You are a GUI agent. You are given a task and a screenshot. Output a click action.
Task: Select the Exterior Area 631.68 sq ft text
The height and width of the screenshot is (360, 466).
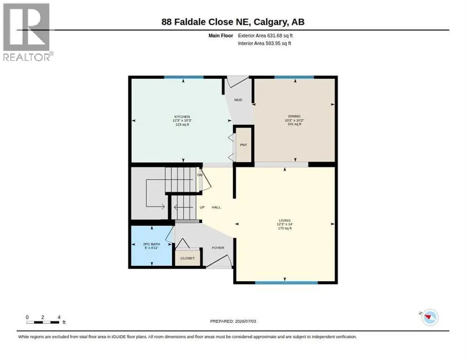click(265, 36)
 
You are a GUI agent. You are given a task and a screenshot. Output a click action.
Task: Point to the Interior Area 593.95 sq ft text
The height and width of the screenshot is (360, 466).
click(264, 44)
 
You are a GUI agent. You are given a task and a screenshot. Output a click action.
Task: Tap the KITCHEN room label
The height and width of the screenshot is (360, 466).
click(182, 117)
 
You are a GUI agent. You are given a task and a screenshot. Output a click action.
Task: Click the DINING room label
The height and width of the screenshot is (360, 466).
click(294, 116)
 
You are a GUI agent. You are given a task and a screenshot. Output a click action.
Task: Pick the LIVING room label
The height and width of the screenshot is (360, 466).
click(285, 221)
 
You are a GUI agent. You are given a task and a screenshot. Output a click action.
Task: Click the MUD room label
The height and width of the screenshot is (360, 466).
click(238, 100)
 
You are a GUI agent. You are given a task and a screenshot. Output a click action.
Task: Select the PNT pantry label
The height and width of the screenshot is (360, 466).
click(243, 145)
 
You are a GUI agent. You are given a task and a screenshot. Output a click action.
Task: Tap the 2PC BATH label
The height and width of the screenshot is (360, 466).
click(151, 244)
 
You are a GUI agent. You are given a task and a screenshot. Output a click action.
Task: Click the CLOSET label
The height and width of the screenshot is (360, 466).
click(188, 258)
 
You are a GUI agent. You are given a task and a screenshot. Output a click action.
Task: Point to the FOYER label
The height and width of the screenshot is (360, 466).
click(218, 247)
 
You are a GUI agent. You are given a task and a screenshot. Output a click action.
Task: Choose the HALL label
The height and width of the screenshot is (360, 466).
click(217, 207)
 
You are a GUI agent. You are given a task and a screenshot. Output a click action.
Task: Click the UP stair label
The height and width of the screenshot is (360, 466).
click(202, 207)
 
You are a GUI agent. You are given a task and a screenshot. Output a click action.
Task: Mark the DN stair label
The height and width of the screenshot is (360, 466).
click(200, 175)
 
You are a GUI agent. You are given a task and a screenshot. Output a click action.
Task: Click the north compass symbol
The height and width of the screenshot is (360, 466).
click(429, 317)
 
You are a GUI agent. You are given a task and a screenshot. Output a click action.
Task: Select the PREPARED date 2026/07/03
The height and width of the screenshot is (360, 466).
click(233, 322)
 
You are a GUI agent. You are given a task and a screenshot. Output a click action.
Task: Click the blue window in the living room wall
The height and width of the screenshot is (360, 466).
click(286, 283)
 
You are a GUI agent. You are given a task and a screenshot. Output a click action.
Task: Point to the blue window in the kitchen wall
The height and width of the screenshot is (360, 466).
click(184, 77)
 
